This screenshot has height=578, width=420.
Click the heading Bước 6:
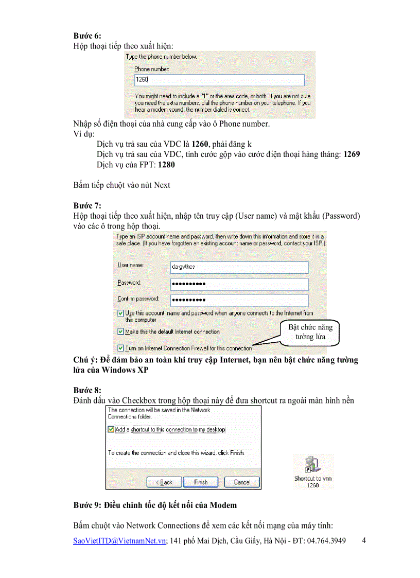[x=87, y=36]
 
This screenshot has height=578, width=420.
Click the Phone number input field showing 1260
[x=219, y=80]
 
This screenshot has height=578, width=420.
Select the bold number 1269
[x=352, y=154]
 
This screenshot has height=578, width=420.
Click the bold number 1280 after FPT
[x=166, y=165]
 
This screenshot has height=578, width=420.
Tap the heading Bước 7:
[x=87, y=205]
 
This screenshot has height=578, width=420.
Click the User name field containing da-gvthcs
[x=239, y=268]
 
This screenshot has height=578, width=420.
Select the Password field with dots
[x=239, y=284]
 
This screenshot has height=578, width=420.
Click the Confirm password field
[x=239, y=300]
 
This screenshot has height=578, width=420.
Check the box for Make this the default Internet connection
[x=120, y=332]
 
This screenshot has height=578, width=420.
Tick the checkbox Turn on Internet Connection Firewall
[x=120, y=348]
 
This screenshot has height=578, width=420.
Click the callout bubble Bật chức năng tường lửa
[x=310, y=332]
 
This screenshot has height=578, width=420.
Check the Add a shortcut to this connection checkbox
[x=111, y=429]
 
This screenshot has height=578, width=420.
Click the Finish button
[x=201, y=482]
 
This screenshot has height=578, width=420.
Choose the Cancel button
[x=242, y=482]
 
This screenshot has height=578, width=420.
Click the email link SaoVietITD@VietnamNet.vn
[x=119, y=541]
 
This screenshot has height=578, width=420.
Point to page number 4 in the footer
[x=364, y=540]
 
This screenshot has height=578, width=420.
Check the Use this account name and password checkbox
[x=120, y=313]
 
